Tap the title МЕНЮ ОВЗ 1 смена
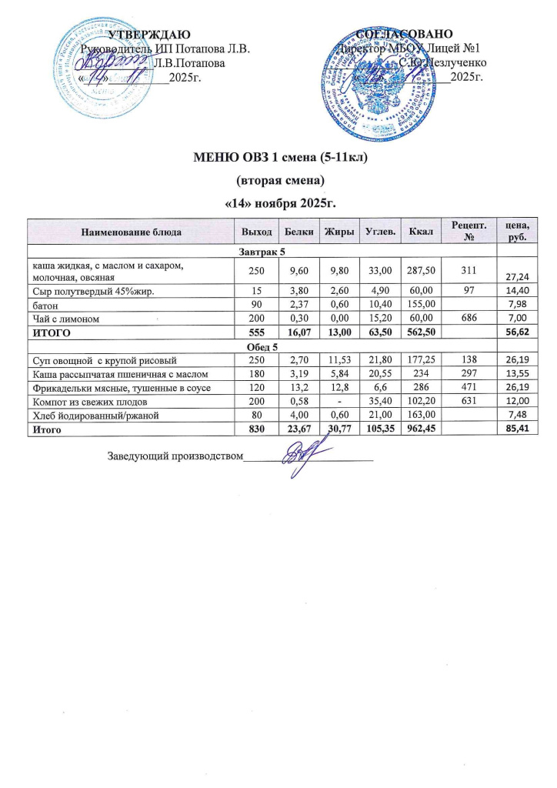pos(278,159)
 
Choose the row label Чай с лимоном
pos(65,317)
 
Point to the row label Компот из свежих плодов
pos(88,402)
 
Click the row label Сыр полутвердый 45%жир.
pos(85,289)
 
